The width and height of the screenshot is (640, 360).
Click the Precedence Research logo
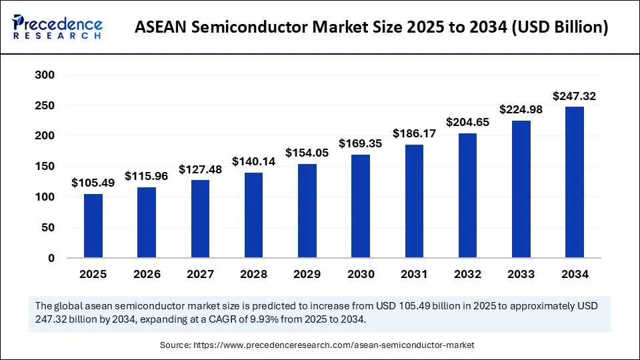[x=57, y=27]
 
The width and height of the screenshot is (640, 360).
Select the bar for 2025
[x=93, y=225]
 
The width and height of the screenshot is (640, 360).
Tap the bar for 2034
[x=574, y=182]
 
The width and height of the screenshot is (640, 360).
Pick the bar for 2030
[x=360, y=206]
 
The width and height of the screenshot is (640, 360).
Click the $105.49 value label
[x=93, y=183]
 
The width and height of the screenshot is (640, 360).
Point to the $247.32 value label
[x=574, y=97]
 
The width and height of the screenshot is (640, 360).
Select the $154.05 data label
[x=307, y=153]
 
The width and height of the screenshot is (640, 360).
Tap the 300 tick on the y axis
[x=45, y=75]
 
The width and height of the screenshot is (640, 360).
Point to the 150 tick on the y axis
[x=45, y=167]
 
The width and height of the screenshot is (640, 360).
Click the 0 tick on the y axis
[x=51, y=258]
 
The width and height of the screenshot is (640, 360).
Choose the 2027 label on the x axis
[x=200, y=274]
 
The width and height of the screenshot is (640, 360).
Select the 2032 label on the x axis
[x=467, y=274]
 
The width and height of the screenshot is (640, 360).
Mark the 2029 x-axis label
[x=307, y=274]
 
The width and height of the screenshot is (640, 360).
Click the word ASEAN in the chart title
[x=162, y=28]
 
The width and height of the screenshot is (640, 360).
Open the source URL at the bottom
[x=333, y=345]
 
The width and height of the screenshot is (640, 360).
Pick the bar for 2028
[x=253, y=215]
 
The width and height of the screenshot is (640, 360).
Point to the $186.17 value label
[x=414, y=133]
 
